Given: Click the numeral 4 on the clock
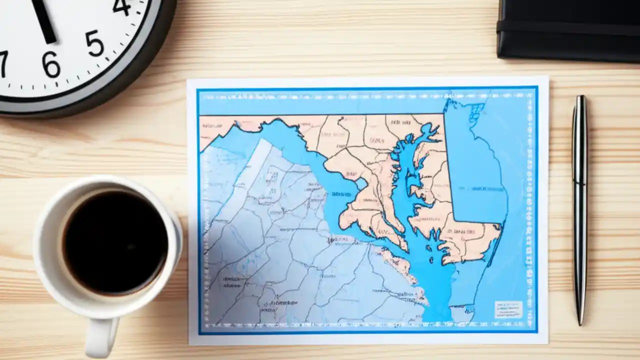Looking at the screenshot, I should pyautogui.click(x=121, y=6).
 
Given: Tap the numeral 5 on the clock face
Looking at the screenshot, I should pyautogui.click(x=94, y=43).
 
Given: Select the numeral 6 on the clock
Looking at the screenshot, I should pyautogui.click(x=51, y=63).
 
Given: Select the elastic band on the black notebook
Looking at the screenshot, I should pyautogui.click(x=570, y=27).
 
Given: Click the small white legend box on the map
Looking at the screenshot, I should pyautogui.click(x=508, y=309).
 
